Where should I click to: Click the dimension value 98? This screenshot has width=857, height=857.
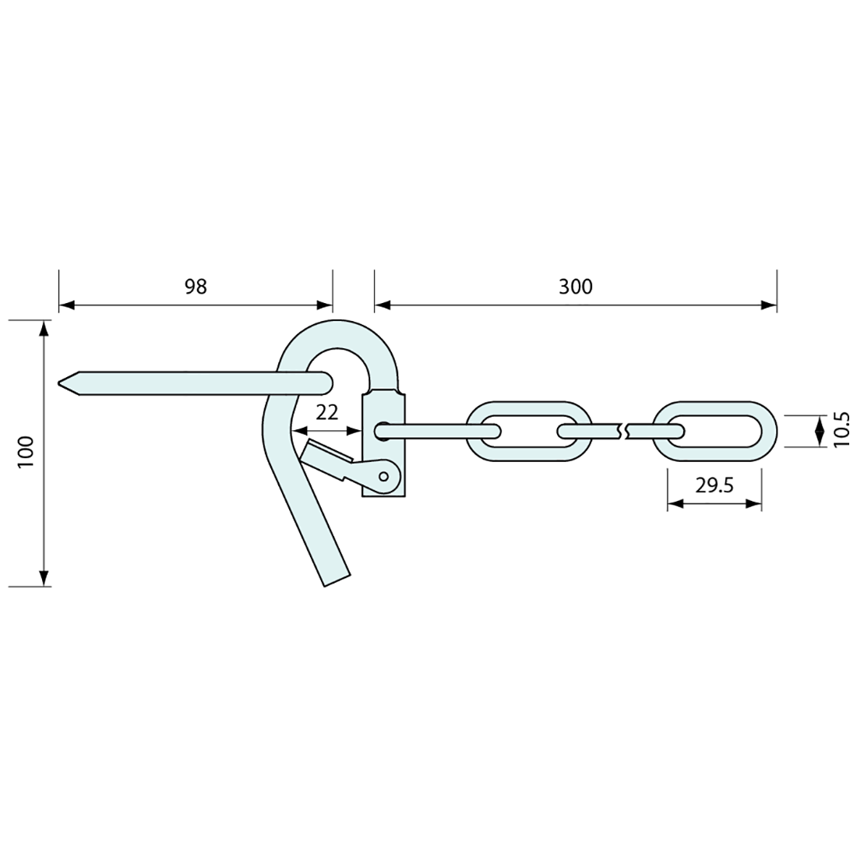(196, 287)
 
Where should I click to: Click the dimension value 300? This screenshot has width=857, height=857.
(575, 287)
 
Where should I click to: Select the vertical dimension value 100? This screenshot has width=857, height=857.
(26, 451)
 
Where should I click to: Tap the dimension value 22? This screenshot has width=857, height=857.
(328, 413)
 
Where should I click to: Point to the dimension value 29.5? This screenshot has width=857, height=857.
(714, 486)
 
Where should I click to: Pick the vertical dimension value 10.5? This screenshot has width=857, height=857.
(840, 429)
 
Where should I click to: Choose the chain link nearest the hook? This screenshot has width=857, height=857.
(527, 431)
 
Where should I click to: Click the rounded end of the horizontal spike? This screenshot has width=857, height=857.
(327, 382)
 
